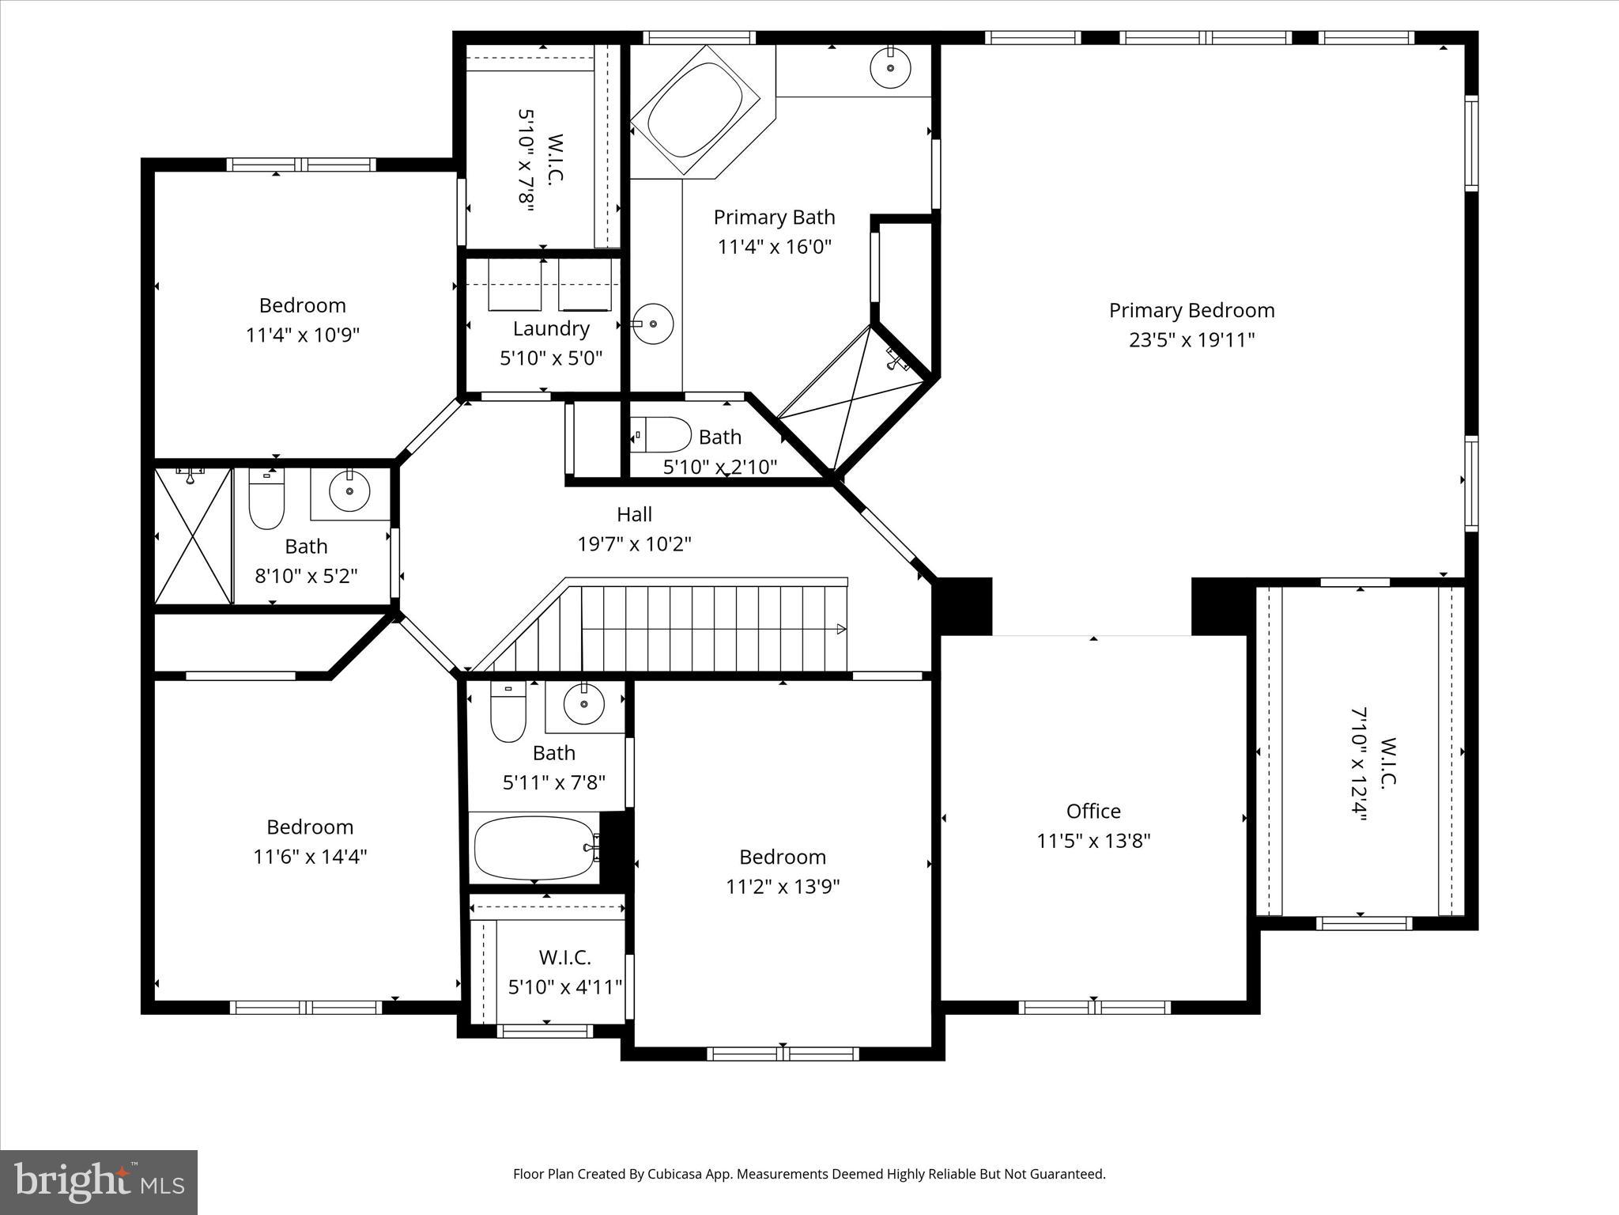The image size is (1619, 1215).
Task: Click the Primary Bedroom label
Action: click(1191, 311)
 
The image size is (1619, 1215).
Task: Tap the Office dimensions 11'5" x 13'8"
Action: click(1093, 840)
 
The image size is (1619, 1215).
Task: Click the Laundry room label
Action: click(551, 329)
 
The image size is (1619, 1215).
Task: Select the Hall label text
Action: click(634, 515)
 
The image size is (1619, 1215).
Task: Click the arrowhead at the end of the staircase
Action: click(841, 630)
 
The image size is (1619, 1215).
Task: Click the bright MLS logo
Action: click(99, 1183)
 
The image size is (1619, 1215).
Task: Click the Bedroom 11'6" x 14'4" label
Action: click(310, 827)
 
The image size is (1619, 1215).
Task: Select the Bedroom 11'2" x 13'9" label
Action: click(783, 857)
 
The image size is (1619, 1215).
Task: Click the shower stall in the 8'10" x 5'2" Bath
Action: click(193, 536)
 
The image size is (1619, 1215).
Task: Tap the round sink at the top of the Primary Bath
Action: click(891, 67)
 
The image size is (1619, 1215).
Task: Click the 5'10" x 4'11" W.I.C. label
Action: click(564, 958)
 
